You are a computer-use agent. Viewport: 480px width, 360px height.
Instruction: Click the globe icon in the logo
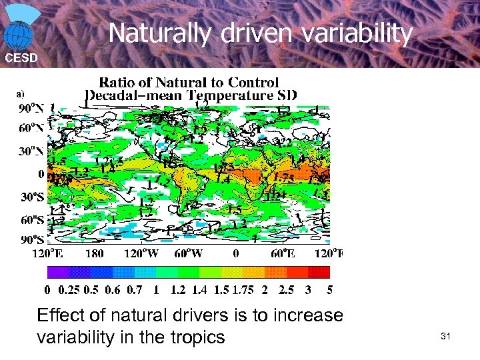coord(19,34)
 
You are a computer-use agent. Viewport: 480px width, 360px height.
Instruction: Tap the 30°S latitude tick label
coord(31,197)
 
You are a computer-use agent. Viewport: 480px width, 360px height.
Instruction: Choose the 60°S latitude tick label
coord(31,219)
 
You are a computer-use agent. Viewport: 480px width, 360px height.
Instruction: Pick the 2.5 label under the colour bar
coord(285,290)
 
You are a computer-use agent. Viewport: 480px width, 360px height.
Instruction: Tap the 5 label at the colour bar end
coord(329,290)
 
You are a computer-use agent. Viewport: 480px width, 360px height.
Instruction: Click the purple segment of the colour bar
coord(57,272)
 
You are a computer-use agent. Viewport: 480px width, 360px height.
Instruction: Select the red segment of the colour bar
coord(319,272)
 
